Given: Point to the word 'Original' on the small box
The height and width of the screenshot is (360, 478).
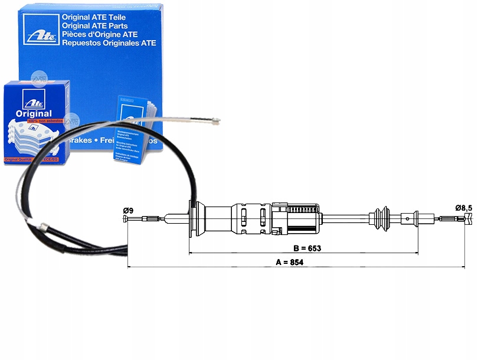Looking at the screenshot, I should [x=34, y=113].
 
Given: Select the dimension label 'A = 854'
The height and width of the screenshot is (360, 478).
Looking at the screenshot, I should [x=289, y=263].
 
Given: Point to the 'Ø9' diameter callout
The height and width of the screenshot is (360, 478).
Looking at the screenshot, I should [x=127, y=210].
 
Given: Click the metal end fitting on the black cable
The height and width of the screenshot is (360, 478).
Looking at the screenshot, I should [x=42, y=225].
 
